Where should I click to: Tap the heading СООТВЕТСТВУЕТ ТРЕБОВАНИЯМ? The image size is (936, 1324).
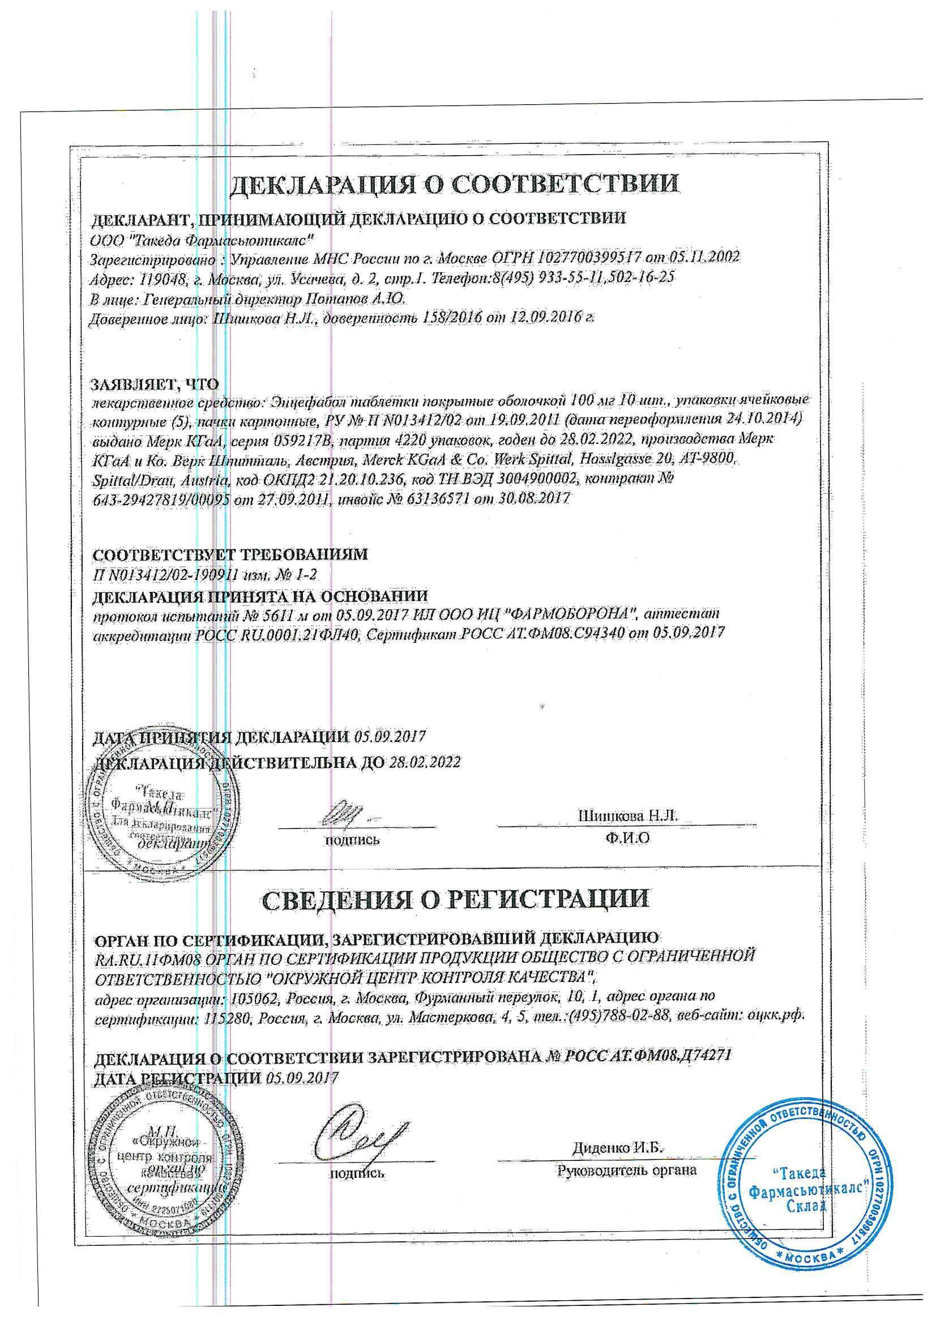[230, 555]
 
